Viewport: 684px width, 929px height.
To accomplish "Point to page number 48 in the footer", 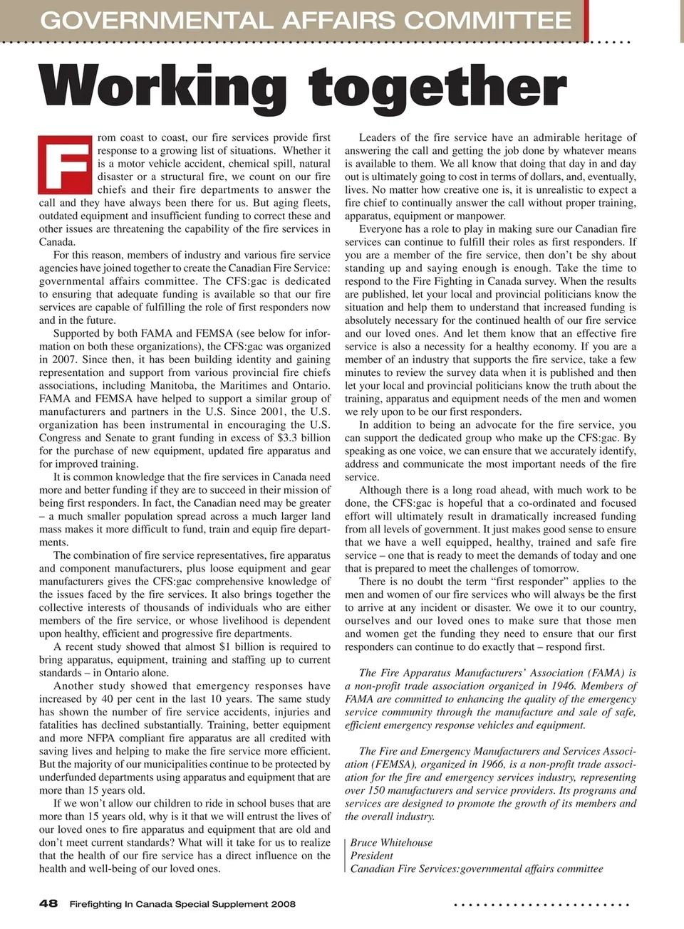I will pyautogui.click(x=48, y=903).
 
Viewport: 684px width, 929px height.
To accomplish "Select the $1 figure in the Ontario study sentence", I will pyautogui.click(x=226, y=646).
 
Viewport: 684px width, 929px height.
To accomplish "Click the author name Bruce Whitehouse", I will pyautogui.click(x=391, y=843).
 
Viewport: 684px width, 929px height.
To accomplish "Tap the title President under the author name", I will pyautogui.click(x=371, y=856).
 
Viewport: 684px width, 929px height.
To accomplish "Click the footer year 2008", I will pyautogui.click(x=283, y=904).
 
